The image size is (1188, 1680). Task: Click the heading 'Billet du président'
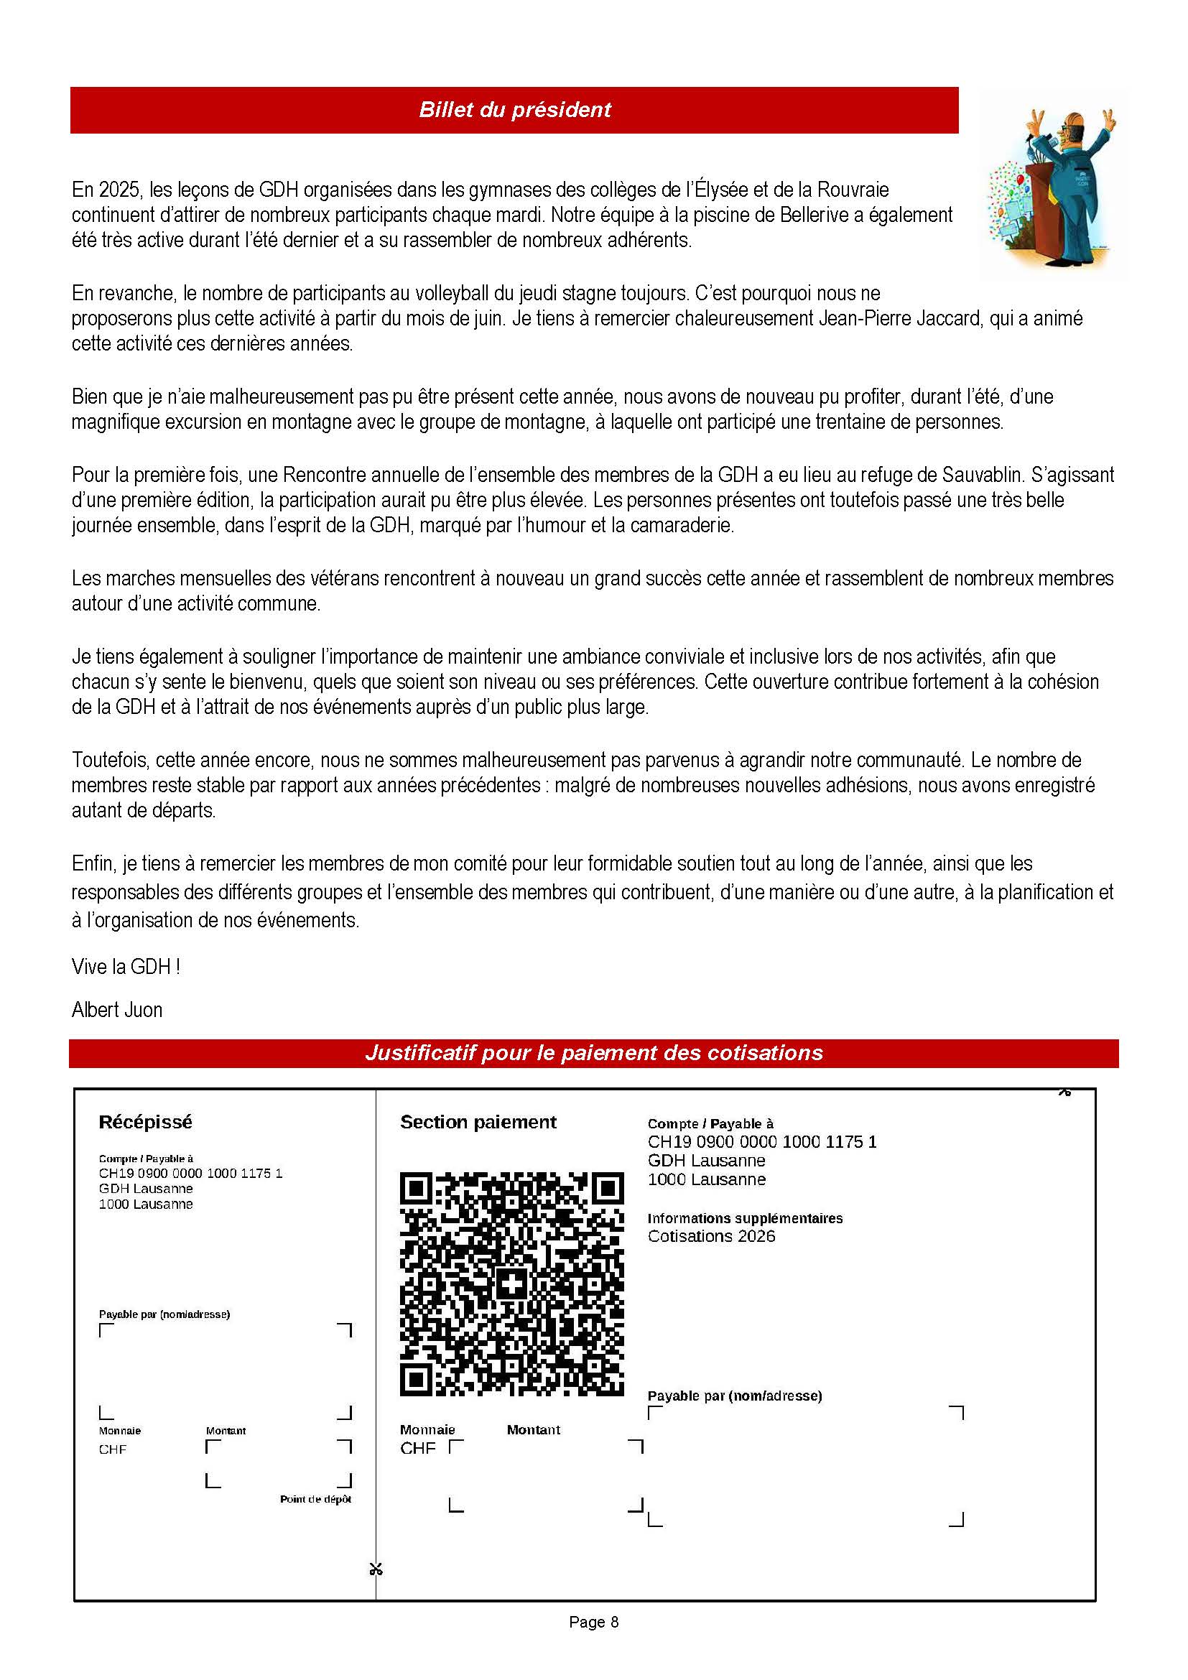[x=514, y=110]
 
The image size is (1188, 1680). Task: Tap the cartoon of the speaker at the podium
[x=1056, y=186]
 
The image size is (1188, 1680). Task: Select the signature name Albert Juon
[x=117, y=1010]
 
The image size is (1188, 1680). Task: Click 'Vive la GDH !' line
[x=126, y=967]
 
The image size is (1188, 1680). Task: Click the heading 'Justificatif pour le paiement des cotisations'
[x=593, y=1053]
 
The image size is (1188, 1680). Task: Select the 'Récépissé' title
[x=146, y=1122]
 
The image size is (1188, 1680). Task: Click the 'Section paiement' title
[x=478, y=1122]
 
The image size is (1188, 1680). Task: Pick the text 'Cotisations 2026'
[x=711, y=1236]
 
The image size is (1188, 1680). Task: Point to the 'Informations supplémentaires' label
[x=745, y=1218]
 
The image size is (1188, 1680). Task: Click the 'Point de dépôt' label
[x=315, y=1499]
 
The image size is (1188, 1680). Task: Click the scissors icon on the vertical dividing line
[x=376, y=1568]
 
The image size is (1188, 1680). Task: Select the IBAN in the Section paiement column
[x=761, y=1141]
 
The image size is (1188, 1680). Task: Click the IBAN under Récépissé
[x=190, y=1173]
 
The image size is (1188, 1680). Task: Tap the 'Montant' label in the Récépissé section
[x=226, y=1431]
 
